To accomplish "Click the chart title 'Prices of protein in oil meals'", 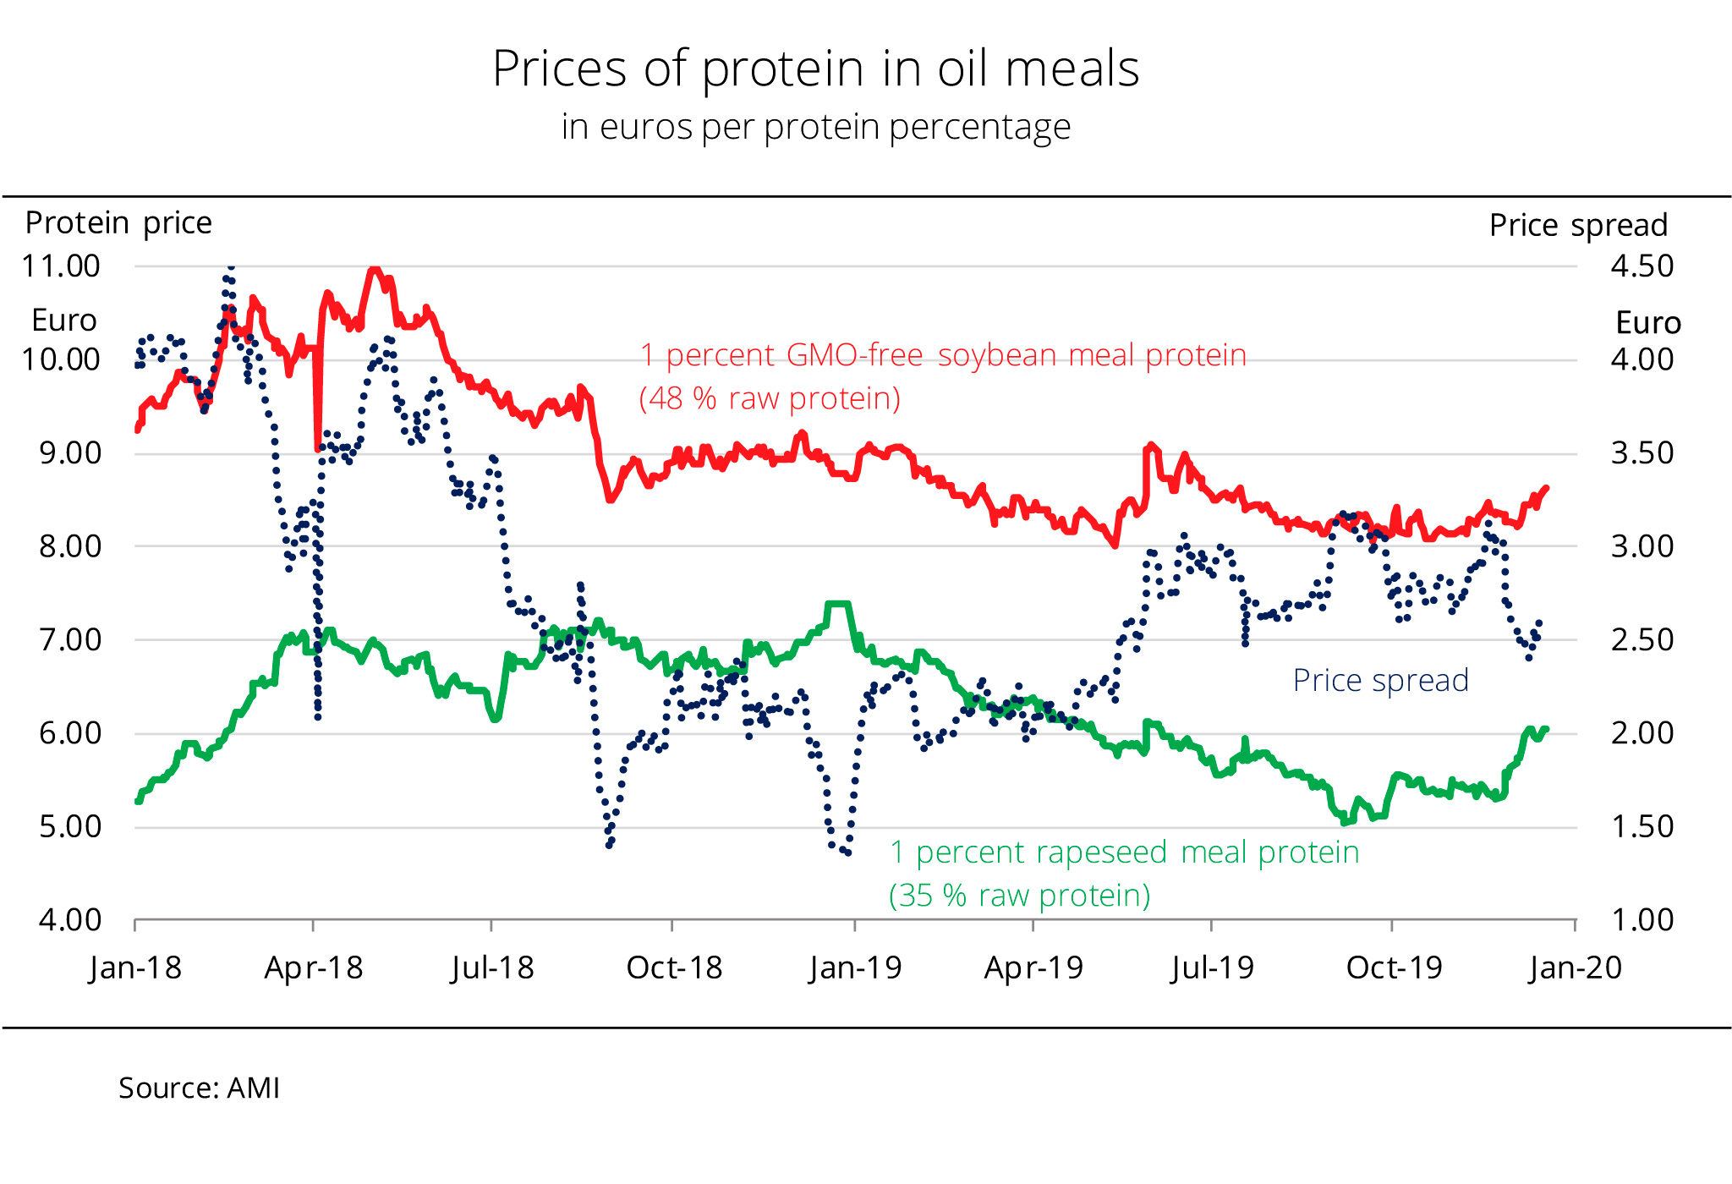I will click(x=815, y=69).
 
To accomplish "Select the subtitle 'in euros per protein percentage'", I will click(x=815, y=128).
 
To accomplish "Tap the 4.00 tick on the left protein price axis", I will click(x=70, y=920).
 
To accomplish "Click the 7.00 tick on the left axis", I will click(x=70, y=639).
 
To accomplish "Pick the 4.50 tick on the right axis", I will click(x=1642, y=266).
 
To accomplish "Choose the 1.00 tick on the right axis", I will click(x=1642, y=920).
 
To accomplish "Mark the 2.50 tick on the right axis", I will click(x=1642, y=639).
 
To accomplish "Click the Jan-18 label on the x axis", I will click(x=135, y=968).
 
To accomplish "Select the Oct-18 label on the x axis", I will click(x=674, y=968).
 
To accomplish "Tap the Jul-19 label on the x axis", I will click(x=1212, y=968).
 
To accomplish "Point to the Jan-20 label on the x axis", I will click(x=1576, y=968).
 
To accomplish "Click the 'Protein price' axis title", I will click(x=118, y=223).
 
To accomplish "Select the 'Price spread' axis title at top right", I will click(x=1578, y=226).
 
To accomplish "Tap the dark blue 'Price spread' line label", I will click(x=1380, y=681).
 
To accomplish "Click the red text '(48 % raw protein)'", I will click(x=770, y=398).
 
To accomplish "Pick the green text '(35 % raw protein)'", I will click(x=1019, y=896).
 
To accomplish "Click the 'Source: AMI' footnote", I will click(x=199, y=1088).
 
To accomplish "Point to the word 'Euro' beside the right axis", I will click(x=1647, y=323).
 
